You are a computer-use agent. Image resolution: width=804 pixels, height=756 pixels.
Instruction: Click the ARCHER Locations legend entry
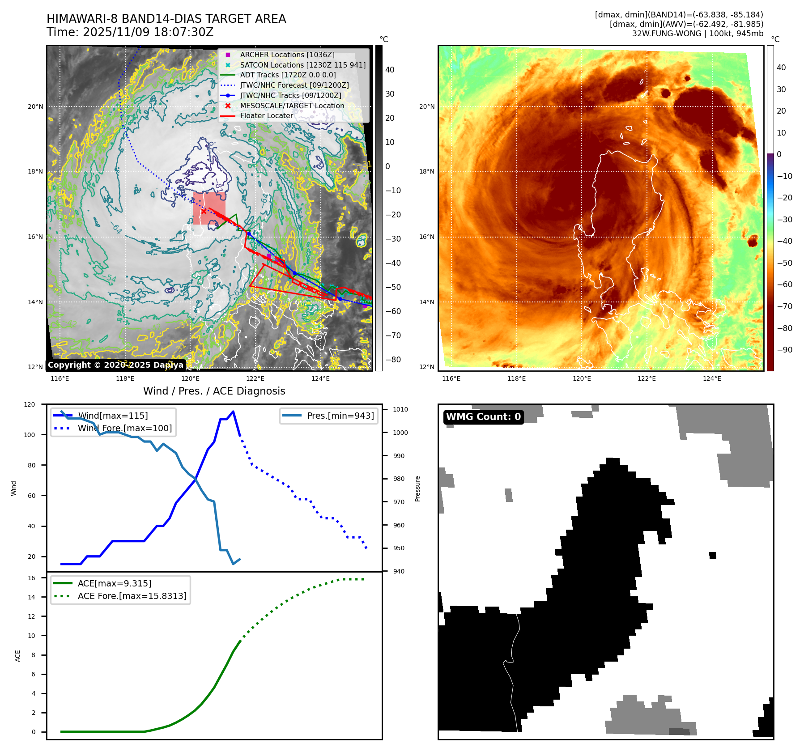coord(287,55)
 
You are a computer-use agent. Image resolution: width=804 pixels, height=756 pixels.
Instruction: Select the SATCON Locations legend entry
coord(302,65)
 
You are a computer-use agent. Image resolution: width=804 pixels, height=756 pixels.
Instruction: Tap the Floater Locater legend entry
coord(266,115)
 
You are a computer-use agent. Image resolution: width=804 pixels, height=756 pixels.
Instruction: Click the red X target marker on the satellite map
coord(204,211)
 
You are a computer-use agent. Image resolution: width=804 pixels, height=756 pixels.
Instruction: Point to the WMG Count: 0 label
coord(483,417)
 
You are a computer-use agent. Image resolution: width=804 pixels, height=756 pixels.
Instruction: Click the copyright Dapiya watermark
coord(115,365)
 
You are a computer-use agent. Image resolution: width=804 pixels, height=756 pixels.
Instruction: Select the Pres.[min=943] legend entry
coord(340,416)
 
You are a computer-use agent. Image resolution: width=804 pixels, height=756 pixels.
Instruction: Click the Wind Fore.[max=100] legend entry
coord(124,428)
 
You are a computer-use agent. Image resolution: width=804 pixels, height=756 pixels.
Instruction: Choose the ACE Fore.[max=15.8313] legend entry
coord(132,596)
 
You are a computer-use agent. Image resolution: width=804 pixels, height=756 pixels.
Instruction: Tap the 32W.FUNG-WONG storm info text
coord(698,34)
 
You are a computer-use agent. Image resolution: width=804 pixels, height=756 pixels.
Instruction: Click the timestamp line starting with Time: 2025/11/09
coord(130,32)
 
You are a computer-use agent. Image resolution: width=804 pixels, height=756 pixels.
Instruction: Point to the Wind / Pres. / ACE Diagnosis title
coord(214,391)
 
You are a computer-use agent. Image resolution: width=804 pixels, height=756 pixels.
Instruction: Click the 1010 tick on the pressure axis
coord(400,409)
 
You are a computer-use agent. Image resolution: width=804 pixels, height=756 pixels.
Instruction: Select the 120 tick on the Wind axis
coord(30,404)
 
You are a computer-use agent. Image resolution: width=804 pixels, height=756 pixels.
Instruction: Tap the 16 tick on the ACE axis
coord(31,578)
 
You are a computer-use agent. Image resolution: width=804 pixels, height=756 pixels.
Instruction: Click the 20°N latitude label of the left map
coord(36,106)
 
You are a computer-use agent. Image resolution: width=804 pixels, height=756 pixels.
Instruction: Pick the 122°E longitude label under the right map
coord(647,378)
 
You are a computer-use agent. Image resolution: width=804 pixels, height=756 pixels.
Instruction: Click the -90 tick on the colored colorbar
coord(784,350)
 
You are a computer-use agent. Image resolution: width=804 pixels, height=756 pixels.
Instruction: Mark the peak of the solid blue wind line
coord(233,412)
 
